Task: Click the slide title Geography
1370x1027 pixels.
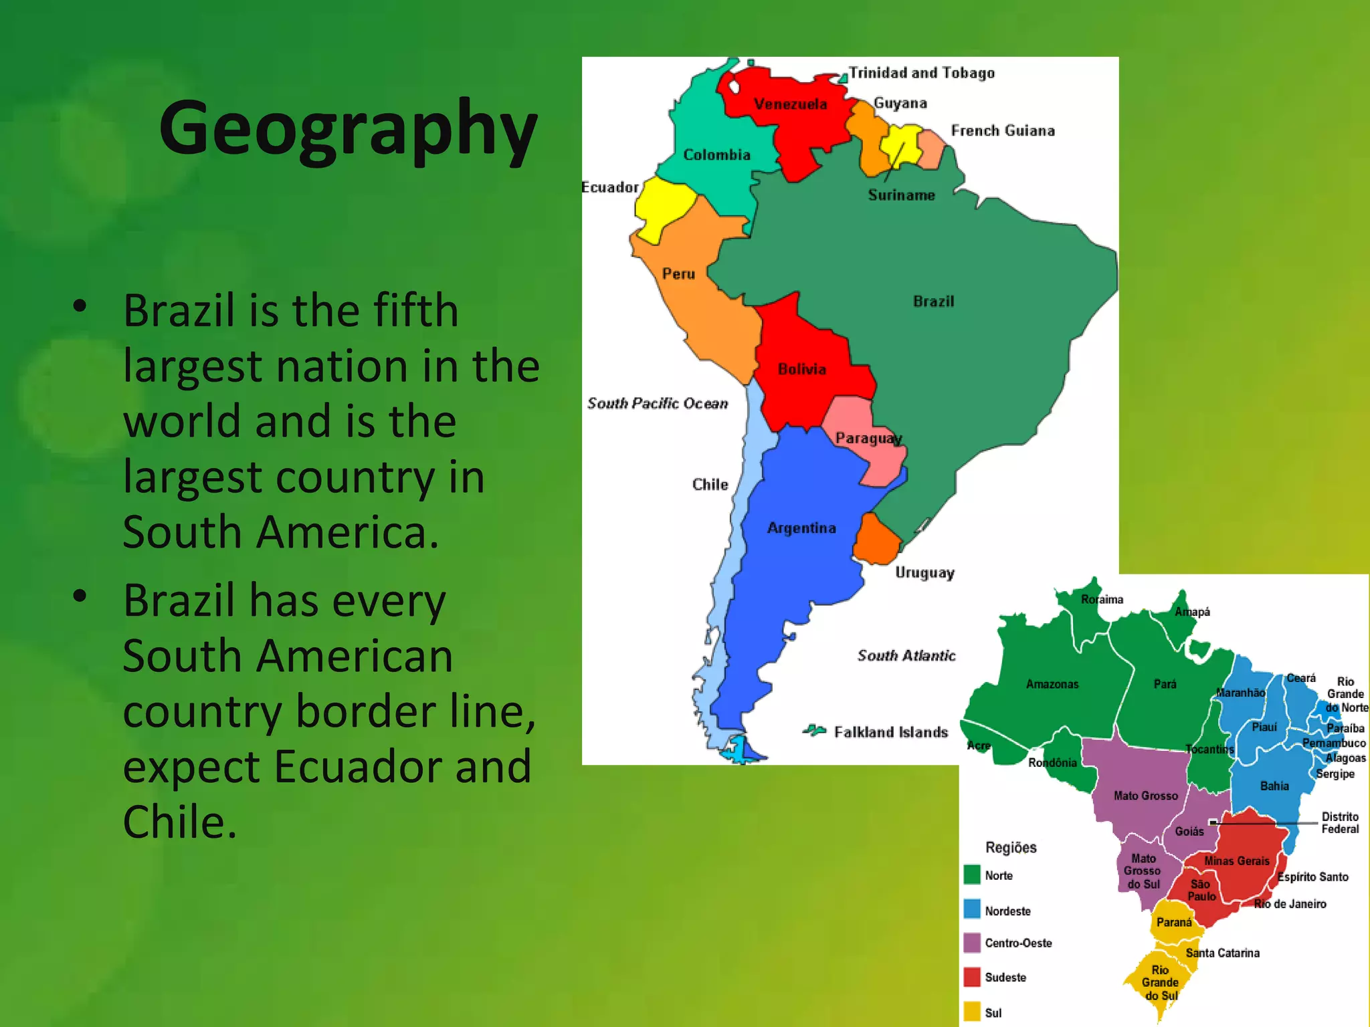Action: click(348, 128)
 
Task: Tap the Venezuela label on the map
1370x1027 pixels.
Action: click(790, 104)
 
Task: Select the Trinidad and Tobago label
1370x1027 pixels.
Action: click(921, 73)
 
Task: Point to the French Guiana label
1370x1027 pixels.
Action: click(1002, 131)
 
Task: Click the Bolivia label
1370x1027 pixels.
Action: click(801, 369)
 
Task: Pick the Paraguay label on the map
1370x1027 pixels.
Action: click(868, 439)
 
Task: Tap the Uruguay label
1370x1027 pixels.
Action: click(924, 573)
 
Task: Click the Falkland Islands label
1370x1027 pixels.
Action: click(890, 732)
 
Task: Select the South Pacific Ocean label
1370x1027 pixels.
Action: click(657, 403)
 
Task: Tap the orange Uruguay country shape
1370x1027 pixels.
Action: click(876, 540)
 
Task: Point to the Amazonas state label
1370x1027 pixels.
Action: click(1052, 684)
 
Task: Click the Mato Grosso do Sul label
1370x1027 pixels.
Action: click(1143, 871)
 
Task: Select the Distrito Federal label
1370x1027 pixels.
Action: click(1339, 823)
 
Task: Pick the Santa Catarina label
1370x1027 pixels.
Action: click(1222, 953)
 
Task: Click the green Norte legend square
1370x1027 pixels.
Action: click(972, 875)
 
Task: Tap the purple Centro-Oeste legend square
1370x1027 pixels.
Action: click(972, 943)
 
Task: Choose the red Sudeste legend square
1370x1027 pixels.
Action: click(972, 977)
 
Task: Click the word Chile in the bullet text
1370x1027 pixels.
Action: click(179, 822)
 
